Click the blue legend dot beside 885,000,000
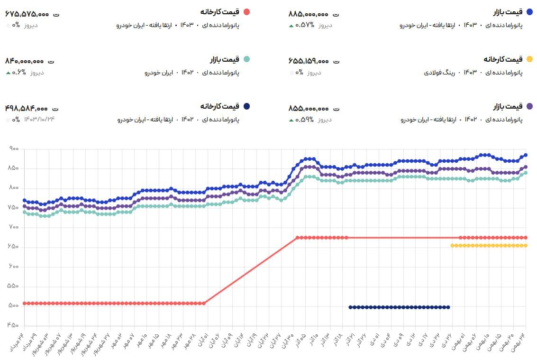[529, 11]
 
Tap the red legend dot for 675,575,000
[246, 11]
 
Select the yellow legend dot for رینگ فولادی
[529, 59]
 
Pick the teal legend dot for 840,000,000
[246, 59]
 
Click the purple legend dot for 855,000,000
[529, 106]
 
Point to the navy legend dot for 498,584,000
[246, 106]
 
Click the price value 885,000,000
[308, 14]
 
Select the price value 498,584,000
[27, 109]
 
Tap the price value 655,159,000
[308, 61]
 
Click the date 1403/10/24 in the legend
[39, 119]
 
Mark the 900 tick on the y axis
[13, 149]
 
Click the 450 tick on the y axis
[13, 325]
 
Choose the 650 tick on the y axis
[13, 247]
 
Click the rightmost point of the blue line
[526, 155]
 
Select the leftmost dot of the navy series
[350, 307]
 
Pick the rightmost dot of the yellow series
[526, 246]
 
